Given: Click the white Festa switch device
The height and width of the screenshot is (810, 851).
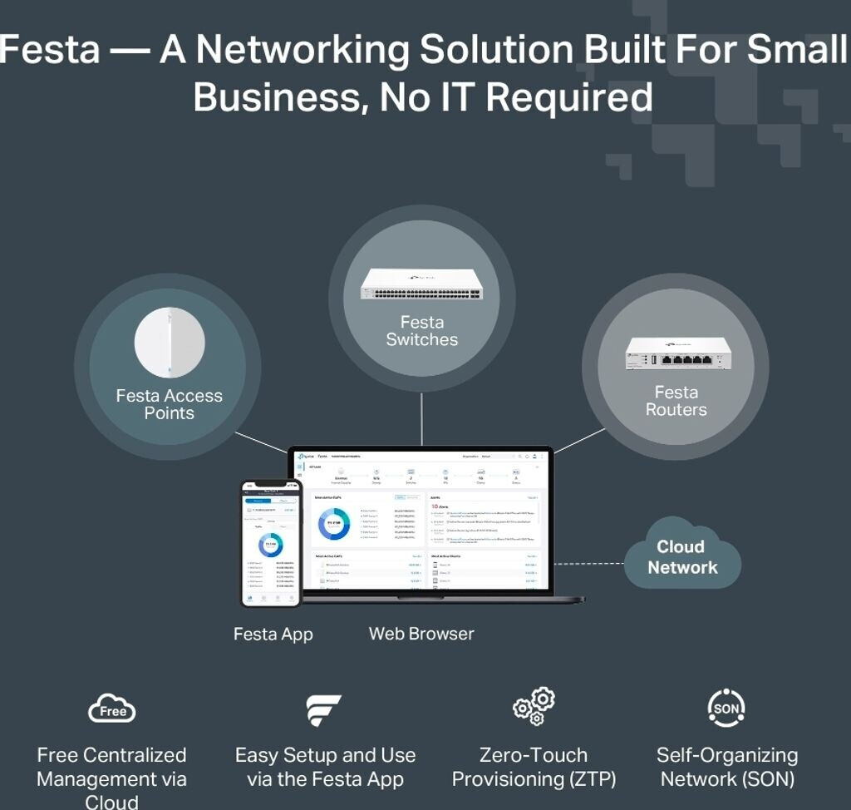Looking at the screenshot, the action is [x=421, y=284].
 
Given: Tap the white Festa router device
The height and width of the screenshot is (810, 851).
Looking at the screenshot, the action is [x=677, y=353].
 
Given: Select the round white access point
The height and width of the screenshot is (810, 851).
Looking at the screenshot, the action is [x=170, y=342].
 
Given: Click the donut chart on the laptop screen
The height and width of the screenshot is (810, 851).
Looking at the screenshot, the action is [x=335, y=523].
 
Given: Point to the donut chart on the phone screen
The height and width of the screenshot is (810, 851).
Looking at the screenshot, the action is [x=271, y=545].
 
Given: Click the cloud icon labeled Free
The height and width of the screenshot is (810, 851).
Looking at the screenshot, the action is [x=111, y=709].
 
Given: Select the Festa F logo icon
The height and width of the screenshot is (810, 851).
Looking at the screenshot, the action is [x=323, y=709].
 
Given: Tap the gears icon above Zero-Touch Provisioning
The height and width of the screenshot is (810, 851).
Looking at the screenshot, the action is [x=534, y=706].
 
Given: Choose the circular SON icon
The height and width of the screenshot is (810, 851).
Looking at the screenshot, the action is [x=726, y=709].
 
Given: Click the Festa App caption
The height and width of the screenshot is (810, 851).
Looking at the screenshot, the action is [x=273, y=635].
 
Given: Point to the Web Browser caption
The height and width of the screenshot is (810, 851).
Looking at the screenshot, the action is [x=421, y=634].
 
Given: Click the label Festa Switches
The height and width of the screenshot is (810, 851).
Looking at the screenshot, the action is [x=422, y=331].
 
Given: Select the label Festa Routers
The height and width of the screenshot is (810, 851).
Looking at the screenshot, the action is [x=676, y=401].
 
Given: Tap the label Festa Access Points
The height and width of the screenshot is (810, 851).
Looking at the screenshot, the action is [x=170, y=404].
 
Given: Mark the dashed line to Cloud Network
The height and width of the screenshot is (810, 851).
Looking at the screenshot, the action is [x=588, y=563].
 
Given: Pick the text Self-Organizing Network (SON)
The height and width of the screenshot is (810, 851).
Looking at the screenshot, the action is [x=726, y=768].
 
